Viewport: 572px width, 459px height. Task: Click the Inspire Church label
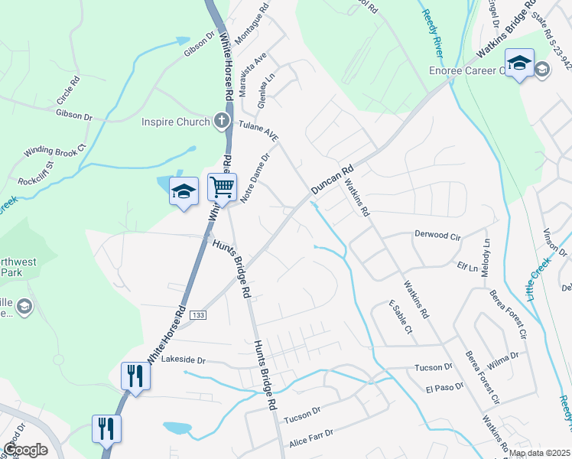175,122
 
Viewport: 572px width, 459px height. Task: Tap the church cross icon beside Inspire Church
221,121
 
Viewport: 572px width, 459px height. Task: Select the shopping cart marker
222,186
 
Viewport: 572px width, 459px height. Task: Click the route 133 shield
198,314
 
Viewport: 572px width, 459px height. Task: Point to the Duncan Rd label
333,181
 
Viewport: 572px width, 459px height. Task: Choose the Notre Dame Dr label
256,177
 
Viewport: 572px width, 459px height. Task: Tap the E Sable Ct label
401,317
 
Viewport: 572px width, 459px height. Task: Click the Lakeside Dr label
184,360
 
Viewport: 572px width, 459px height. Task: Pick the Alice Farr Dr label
311,438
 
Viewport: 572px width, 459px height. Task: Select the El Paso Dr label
445,388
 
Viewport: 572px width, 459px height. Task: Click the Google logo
24,450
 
